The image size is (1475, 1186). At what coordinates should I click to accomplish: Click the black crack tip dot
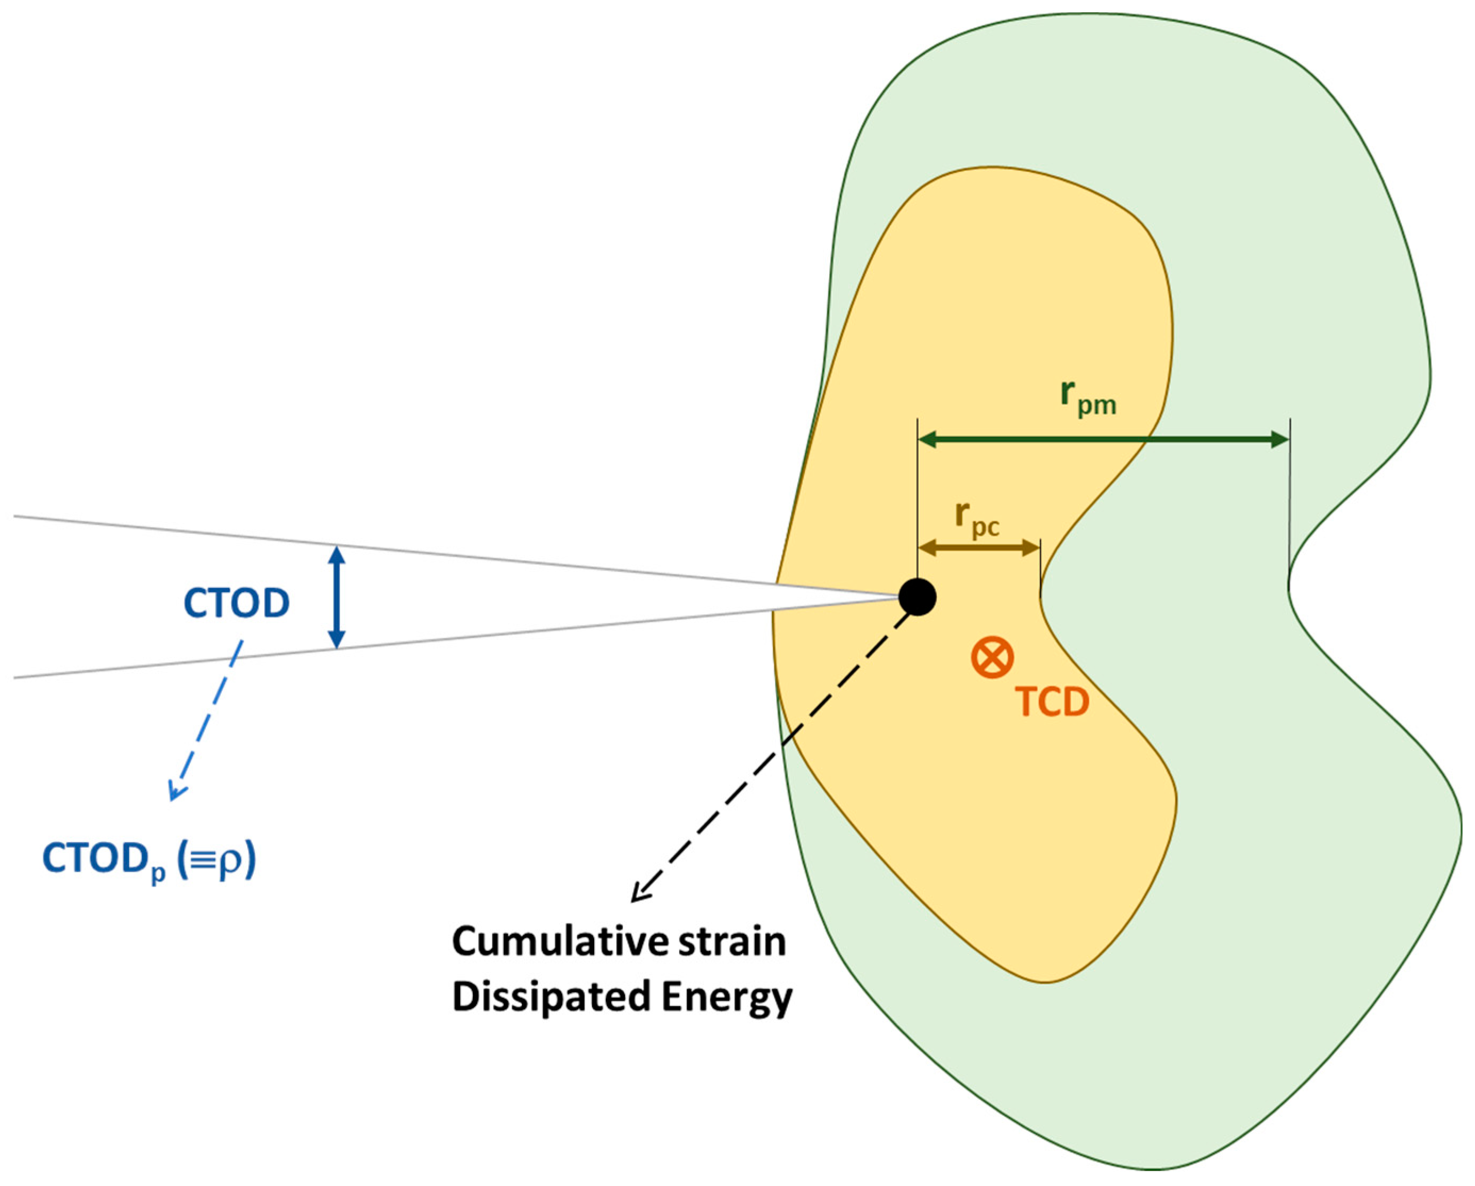pyautogui.click(x=918, y=597)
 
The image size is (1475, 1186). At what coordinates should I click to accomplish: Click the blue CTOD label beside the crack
pyautogui.click(x=236, y=603)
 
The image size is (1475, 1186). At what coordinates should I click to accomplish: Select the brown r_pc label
pyautogui.click(x=977, y=519)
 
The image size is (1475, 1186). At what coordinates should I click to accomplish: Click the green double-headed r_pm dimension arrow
pyautogui.click(x=1103, y=440)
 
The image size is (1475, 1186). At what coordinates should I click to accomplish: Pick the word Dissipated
pyautogui.click(x=550, y=997)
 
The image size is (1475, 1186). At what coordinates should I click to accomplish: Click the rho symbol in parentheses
pyautogui.click(x=228, y=860)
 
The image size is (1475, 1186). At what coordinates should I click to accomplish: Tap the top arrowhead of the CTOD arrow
pyautogui.click(x=336, y=553)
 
